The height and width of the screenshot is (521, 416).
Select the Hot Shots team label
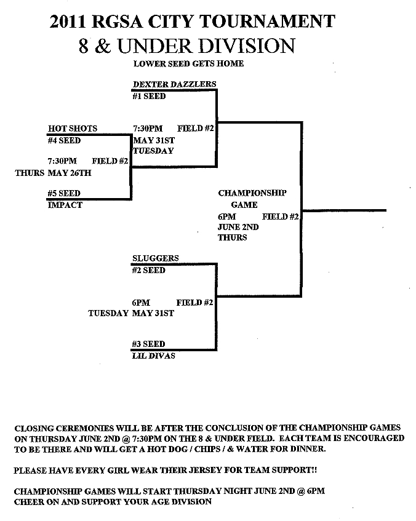(73, 129)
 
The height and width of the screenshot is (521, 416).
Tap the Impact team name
(65, 205)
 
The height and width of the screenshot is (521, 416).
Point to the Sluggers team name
(155, 258)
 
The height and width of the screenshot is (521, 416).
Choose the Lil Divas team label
(153, 356)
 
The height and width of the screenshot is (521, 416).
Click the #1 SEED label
(148, 96)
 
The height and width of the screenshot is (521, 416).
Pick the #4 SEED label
(64, 140)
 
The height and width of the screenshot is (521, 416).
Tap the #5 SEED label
(64, 193)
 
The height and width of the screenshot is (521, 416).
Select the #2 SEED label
(148, 270)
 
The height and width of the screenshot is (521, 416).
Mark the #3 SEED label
(148, 344)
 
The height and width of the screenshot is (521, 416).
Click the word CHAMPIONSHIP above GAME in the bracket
(252, 193)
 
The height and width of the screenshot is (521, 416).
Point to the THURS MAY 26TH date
(53, 173)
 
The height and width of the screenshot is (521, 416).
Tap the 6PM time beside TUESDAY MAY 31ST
(140, 303)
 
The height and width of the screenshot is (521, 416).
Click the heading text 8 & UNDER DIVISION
(186, 46)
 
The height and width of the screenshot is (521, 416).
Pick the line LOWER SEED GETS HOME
(188, 63)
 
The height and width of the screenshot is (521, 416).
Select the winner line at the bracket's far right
(344, 210)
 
